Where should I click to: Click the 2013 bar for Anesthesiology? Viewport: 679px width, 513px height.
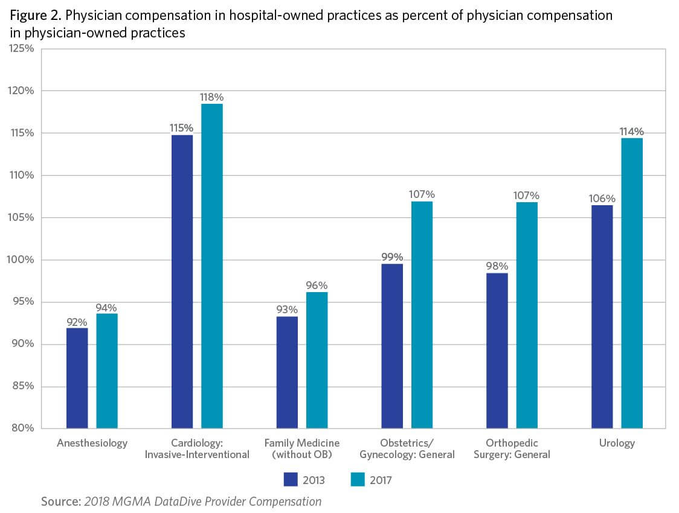(77, 378)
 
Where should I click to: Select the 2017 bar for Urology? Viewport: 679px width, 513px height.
(632, 284)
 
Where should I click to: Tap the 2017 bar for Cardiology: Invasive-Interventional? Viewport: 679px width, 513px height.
(212, 266)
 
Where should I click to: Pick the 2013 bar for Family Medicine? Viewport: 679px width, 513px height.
(287, 372)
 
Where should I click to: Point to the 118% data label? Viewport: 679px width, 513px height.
(212, 97)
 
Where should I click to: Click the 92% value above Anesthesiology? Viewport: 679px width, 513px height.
(77, 322)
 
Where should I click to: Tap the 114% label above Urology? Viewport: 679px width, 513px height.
(632, 132)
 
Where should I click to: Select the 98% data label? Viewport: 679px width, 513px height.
(497, 266)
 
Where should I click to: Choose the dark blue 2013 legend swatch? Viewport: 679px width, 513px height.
(291, 480)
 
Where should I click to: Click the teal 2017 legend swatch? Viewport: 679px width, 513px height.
(358, 480)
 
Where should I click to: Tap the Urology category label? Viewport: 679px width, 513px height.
(617, 443)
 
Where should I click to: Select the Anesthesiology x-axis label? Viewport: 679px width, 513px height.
(92, 443)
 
